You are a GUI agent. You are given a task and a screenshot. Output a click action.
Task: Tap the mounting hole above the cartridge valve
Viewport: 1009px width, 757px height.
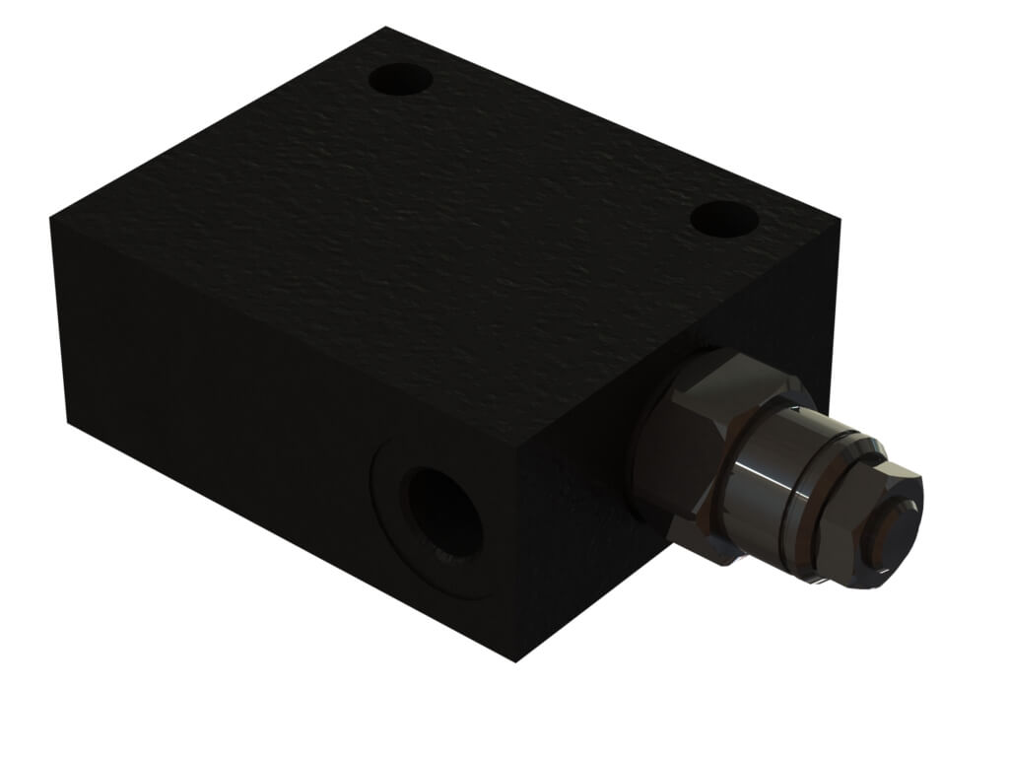point(724,219)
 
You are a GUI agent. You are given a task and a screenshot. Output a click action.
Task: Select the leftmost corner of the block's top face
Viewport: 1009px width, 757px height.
point(50,219)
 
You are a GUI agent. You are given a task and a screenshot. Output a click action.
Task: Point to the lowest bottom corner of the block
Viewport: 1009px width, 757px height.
point(517,660)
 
